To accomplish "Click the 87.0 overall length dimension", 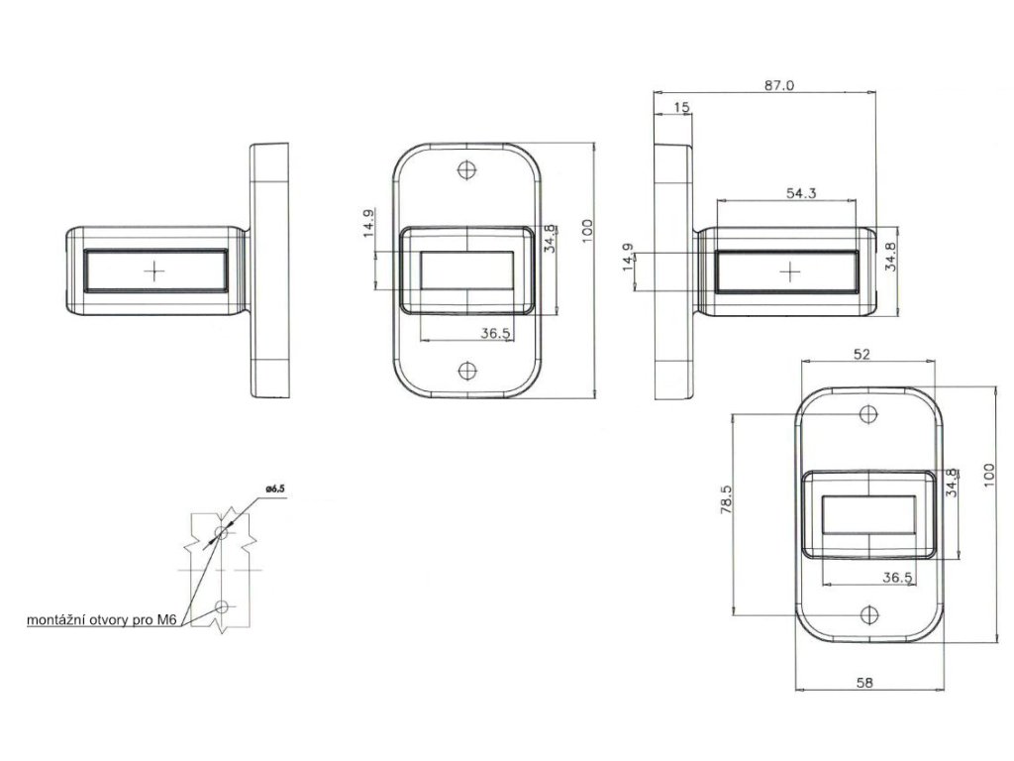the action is coord(778,85).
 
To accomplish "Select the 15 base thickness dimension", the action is coord(681,107).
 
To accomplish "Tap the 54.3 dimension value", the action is coord(801,193).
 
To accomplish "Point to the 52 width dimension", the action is coord(862,354).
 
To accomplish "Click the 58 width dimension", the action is coord(864,682).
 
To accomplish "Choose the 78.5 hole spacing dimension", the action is coord(726,499).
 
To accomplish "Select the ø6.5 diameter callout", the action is coord(275,489).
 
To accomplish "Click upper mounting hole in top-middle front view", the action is coord(467,170).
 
